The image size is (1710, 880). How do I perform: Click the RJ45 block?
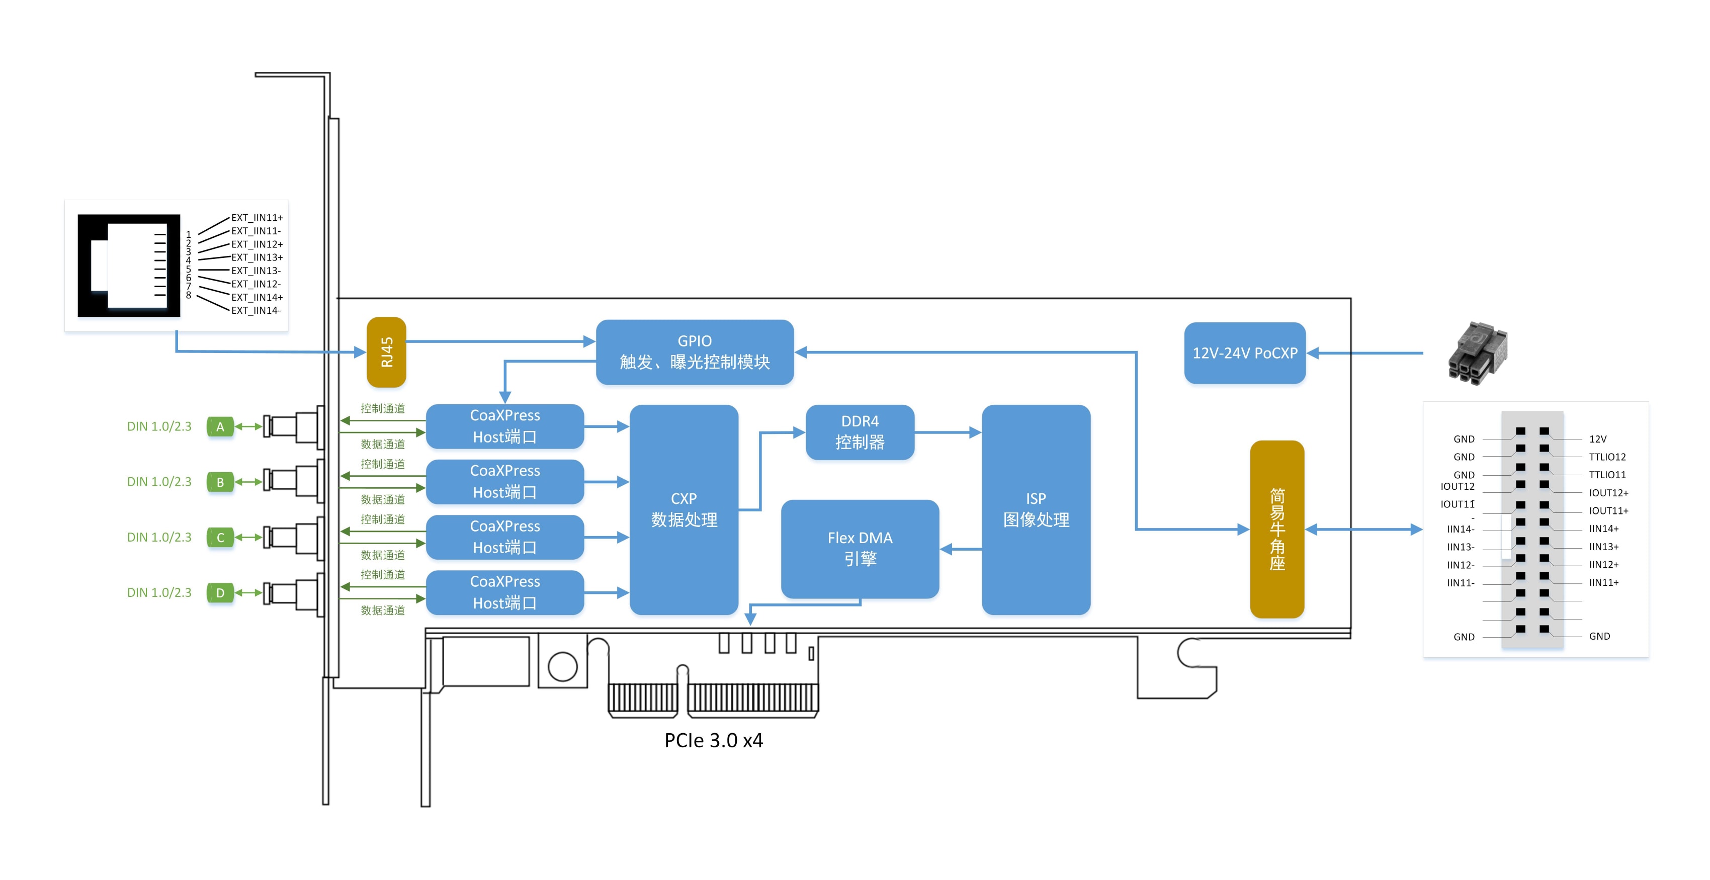click(x=386, y=351)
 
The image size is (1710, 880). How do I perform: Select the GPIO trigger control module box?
click(x=695, y=351)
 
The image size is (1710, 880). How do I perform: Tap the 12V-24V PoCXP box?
click(x=1245, y=353)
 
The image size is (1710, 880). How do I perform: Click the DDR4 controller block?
click(x=860, y=432)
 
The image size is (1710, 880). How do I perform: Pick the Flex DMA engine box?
click(x=860, y=548)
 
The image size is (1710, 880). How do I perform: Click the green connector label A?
click(x=220, y=427)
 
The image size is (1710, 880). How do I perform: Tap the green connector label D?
click(x=220, y=593)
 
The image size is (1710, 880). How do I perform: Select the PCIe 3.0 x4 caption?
click(x=714, y=740)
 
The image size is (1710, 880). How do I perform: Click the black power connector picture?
click(x=1478, y=351)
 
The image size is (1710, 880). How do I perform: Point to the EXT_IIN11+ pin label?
click(x=257, y=218)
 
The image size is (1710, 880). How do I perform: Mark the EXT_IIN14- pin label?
click(x=255, y=311)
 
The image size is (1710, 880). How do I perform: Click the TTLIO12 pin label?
click(x=1607, y=457)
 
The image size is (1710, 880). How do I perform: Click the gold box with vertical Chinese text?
click(x=1276, y=529)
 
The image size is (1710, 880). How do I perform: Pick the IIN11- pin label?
click(x=1461, y=583)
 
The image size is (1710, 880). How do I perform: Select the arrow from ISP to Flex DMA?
click(x=961, y=549)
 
